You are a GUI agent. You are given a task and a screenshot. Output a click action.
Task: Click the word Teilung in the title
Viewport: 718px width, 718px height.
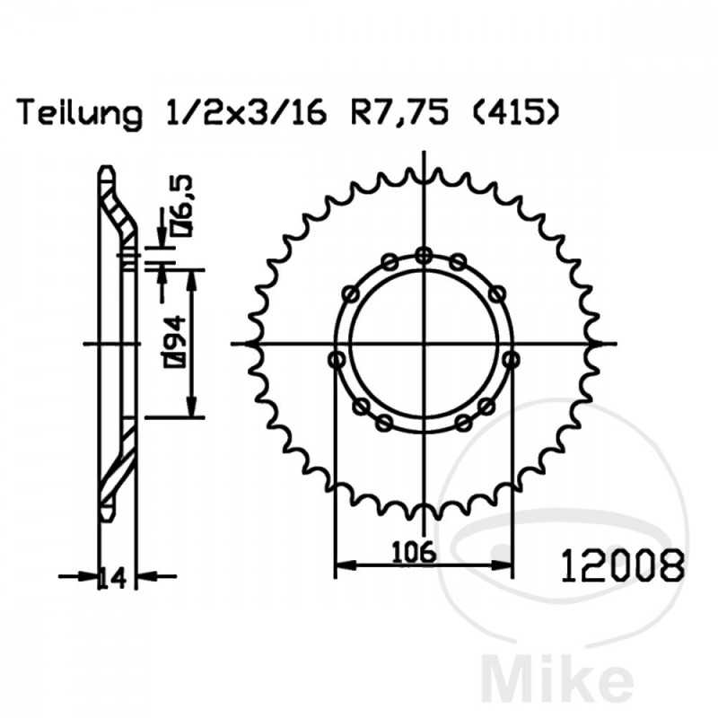click(79, 113)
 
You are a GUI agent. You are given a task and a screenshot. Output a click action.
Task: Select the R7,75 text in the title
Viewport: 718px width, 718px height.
click(399, 113)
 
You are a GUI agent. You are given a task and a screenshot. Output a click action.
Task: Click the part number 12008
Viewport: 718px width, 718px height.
click(623, 566)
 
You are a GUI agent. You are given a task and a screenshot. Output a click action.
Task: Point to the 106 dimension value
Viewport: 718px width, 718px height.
click(414, 552)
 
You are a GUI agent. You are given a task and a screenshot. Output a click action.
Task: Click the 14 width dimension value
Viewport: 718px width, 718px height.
click(113, 578)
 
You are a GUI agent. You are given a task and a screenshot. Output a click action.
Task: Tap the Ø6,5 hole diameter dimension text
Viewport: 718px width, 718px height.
click(183, 206)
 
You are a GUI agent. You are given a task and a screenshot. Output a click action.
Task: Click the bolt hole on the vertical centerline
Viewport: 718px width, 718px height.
click(425, 256)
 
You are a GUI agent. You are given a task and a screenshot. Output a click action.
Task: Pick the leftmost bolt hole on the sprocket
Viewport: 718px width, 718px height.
click(337, 360)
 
